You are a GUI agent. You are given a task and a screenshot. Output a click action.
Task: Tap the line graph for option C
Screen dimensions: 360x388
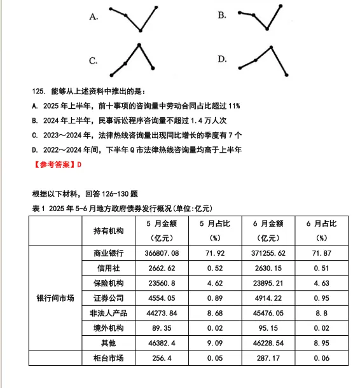point(132,59)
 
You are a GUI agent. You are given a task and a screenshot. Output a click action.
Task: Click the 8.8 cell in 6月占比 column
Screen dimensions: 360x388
point(321,313)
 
